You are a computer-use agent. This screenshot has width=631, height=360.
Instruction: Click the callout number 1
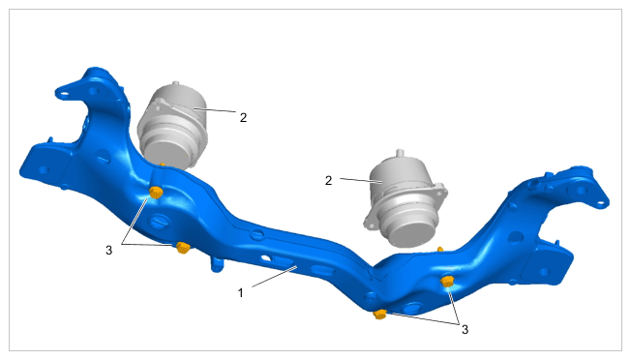tap(241, 293)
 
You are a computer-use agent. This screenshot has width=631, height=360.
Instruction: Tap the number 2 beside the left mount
tap(243, 117)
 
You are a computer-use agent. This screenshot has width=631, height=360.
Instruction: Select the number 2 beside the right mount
tap(329, 181)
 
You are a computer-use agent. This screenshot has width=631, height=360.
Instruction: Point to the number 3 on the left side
tap(108, 251)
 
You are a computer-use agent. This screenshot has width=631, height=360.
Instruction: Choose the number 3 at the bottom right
tap(465, 330)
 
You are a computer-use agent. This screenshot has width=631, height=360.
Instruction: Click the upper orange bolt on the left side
tap(156, 193)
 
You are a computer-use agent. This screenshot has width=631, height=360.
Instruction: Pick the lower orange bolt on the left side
tap(183, 248)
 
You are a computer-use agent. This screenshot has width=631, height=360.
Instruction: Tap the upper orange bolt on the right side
tap(447, 282)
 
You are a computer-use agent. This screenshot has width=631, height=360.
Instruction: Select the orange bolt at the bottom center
tap(380, 314)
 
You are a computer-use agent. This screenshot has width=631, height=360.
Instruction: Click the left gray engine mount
tap(173, 126)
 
